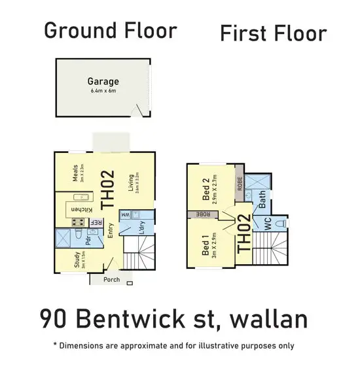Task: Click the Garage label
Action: click(103, 82)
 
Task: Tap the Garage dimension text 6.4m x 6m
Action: click(103, 91)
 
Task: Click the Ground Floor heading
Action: click(110, 30)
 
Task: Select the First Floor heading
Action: click(272, 33)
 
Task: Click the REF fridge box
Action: click(96, 222)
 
